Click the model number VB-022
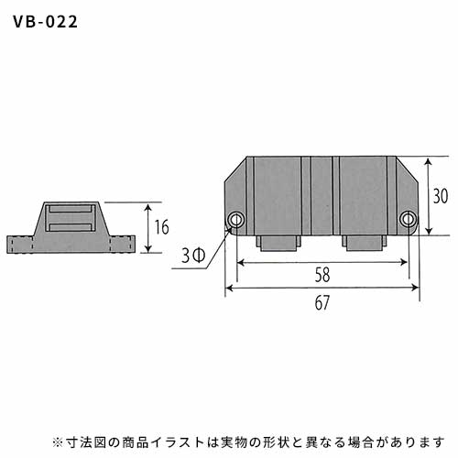(45, 22)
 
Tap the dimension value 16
(161, 227)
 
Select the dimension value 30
(441, 196)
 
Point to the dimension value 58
(322, 275)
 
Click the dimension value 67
(322, 302)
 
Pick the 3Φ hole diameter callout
(193, 256)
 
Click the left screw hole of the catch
(236, 219)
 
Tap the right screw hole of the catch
(408, 219)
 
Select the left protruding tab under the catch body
(278, 243)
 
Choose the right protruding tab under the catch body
(365, 243)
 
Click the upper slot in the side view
(71, 209)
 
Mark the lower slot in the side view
(71, 227)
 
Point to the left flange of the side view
(20, 245)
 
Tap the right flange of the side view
(122, 244)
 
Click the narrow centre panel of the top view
(322, 196)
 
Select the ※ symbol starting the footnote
(57, 442)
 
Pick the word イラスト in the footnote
(178, 442)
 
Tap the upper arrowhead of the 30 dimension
(429, 161)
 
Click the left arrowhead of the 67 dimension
(229, 288)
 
